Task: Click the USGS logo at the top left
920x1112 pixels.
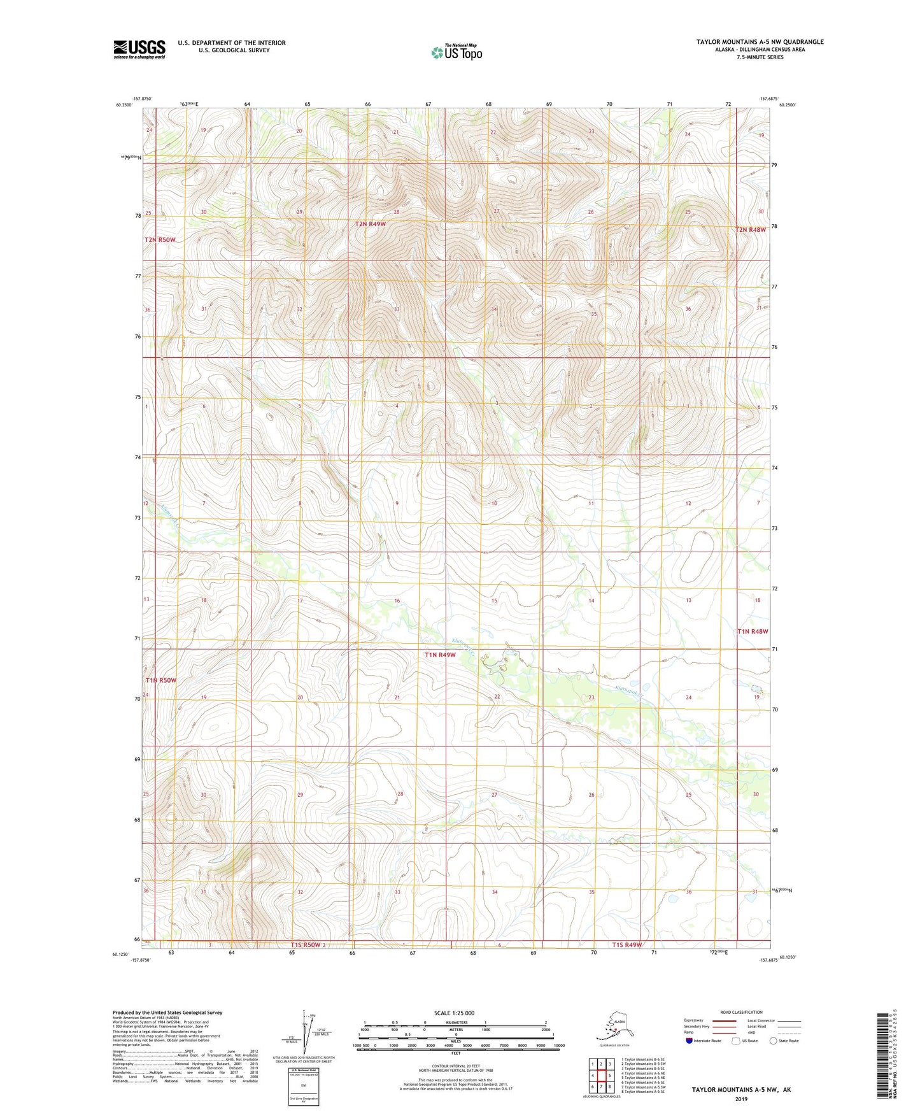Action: pyautogui.click(x=139, y=49)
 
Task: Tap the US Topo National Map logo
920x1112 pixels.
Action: pyautogui.click(x=456, y=52)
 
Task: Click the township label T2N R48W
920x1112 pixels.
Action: pyautogui.click(x=751, y=230)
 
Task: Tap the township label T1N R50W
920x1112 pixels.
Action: pyautogui.click(x=160, y=680)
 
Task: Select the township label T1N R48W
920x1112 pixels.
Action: pyautogui.click(x=753, y=631)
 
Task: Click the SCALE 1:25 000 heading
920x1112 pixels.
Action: pyautogui.click(x=455, y=1013)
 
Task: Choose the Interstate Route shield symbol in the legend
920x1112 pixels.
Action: pyautogui.click(x=689, y=1041)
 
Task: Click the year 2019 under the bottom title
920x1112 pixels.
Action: pyautogui.click(x=741, y=1099)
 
